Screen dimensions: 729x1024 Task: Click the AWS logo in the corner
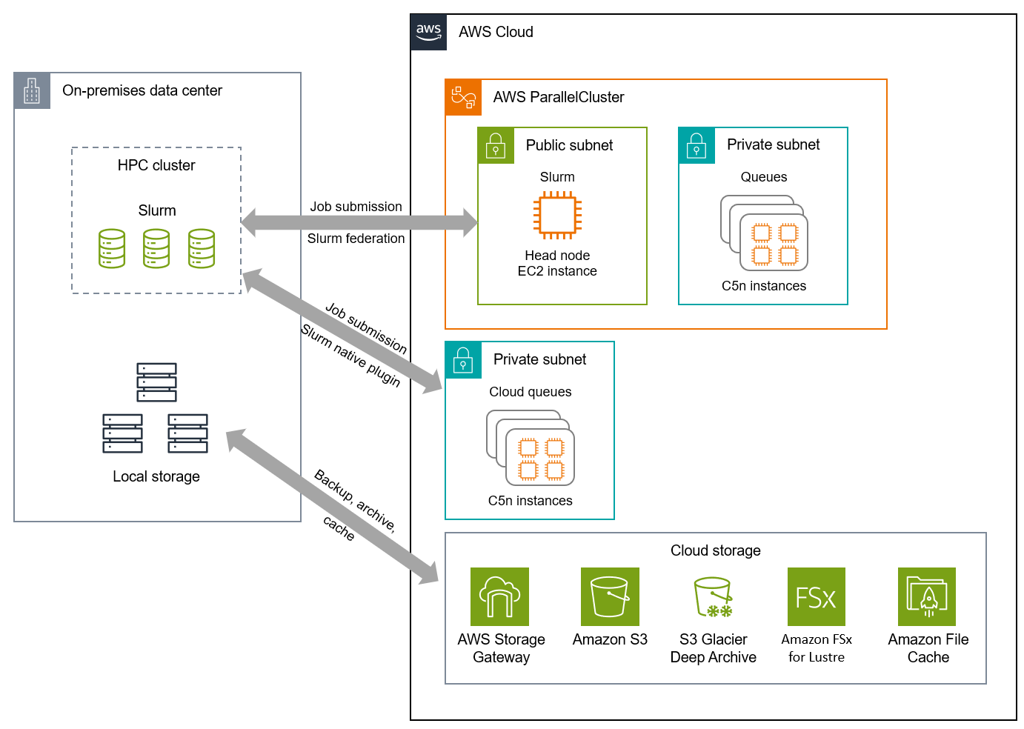point(428,32)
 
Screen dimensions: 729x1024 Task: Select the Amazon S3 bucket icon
point(610,596)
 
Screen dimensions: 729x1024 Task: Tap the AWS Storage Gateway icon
point(499,596)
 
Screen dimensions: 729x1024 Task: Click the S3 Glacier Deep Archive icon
point(713,596)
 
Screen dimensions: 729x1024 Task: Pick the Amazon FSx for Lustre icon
point(816,596)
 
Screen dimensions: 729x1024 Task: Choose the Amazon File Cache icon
point(926,596)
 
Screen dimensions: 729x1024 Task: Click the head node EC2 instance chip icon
point(557,216)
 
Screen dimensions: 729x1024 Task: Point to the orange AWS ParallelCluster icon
point(463,98)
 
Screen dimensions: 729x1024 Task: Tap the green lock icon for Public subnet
point(496,146)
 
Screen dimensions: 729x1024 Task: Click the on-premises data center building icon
point(32,91)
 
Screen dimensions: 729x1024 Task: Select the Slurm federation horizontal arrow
point(359,222)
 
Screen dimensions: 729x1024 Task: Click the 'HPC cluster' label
point(156,165)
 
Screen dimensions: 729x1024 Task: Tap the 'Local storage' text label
point(156,476)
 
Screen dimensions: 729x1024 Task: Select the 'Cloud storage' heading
point(715,550)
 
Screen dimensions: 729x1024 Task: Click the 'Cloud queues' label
point(530,392)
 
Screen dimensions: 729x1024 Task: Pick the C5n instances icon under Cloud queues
point(531,447)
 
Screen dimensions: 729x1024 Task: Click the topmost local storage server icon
point(156,382)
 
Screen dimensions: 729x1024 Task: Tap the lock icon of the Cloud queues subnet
point(463,360)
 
